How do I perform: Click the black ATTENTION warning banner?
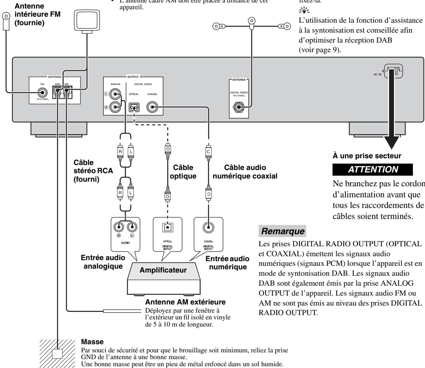pos(373,170)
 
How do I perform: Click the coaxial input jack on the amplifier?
pos(208,226)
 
